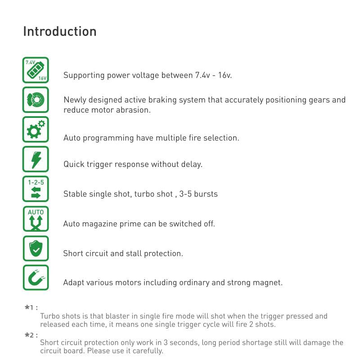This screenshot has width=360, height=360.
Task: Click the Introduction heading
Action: [x=59, y=31]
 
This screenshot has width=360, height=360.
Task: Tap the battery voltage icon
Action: [x=36, y=70]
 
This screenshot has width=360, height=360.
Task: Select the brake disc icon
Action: [x=36, y=100]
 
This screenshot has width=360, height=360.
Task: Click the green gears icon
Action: [x=36, y=130]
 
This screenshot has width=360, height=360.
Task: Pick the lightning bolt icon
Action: [x=36, y=159]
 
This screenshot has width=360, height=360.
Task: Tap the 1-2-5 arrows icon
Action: [x=36, y=189]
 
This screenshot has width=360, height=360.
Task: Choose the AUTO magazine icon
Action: [x=36, y=219]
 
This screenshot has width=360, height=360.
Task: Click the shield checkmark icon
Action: [x=36, y=248]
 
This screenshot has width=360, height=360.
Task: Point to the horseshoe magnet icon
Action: [x=36, y=278]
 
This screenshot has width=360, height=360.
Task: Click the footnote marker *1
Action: [x=31, y=308]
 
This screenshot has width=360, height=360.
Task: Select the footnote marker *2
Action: [x=31, y=335]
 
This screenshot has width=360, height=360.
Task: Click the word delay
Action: [x=191, y=164]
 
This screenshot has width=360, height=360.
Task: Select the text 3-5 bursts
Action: [x=198, y=194]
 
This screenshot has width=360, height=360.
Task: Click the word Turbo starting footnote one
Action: [x=49, y=316]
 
